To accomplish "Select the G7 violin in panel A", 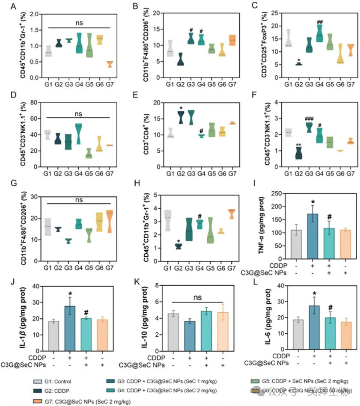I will (x=110, y=64).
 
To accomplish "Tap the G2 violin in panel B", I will (x=169, y=59).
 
